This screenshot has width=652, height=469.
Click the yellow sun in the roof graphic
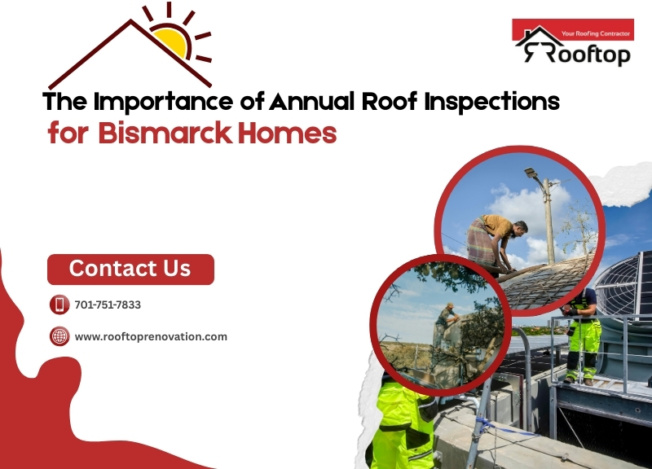point(173,40)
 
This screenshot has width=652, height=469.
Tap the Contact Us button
point(130,269)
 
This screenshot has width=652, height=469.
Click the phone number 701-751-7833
point(108,305)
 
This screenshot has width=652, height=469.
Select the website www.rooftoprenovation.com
point(151,336)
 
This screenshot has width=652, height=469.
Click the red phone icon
point(59,305)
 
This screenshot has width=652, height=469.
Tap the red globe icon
point(59,336)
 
